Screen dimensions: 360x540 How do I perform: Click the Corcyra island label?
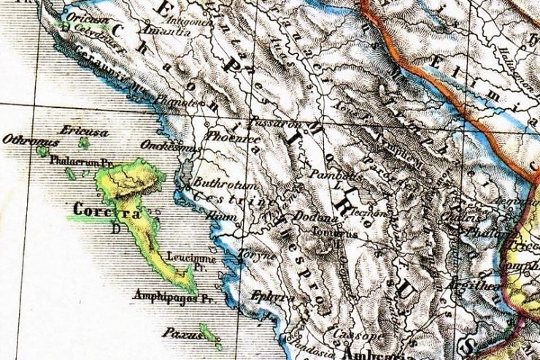pyautogui.click(x=107, y=211)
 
